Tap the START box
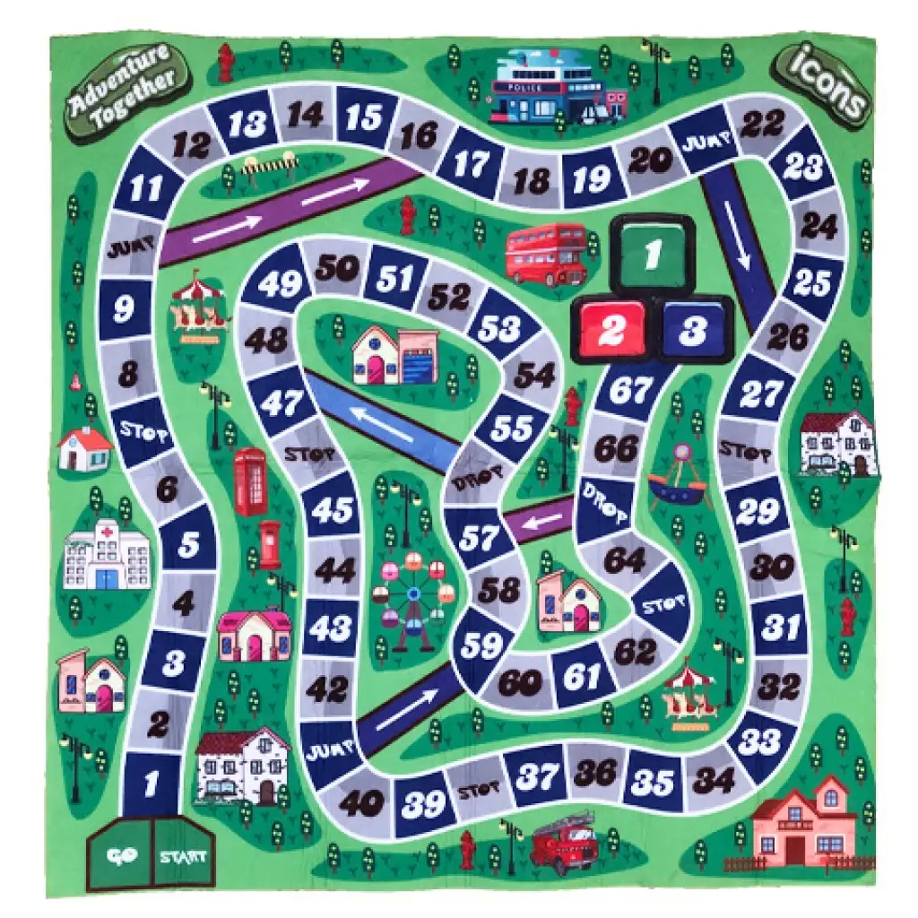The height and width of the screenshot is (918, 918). tap(182, 854)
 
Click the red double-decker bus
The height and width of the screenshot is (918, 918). tap(545, 253)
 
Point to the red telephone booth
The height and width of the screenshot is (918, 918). tap(250, 481)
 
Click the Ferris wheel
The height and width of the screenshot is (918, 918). tap(412, 592)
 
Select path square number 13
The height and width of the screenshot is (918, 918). tap(245, 125)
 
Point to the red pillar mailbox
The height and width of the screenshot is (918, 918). tap(269, 545)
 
